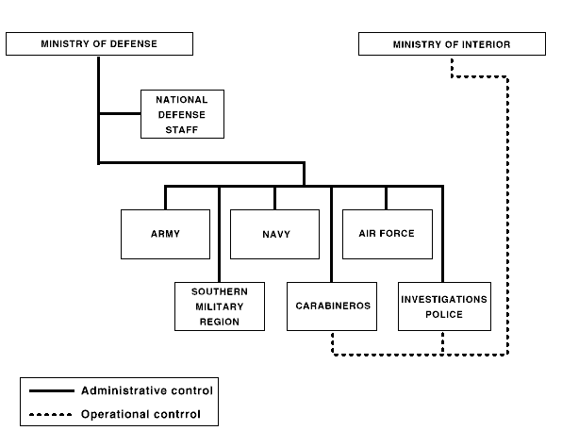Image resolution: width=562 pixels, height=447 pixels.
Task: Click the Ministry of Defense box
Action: tap(99, 43)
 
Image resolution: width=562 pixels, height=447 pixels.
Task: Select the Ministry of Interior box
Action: tap(452, 43)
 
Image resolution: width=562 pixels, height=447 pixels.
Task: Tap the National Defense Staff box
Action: tap(182, 114)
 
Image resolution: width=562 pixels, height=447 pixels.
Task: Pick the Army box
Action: tap(166, 234)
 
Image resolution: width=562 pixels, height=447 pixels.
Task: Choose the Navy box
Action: tap(275, 234)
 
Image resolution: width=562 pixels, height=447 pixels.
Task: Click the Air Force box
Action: tap(388, 234)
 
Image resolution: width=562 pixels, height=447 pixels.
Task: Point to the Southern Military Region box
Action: tap(220, 306)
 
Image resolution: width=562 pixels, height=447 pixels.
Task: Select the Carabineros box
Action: tap(332, 306)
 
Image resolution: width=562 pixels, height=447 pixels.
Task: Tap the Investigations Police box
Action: tap(444, 306)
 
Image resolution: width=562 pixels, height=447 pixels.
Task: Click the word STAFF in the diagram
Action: tap(182, 130)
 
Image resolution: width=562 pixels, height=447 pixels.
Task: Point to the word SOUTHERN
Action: tap(220, 291)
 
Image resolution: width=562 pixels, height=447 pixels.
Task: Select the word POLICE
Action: tap(444, 314)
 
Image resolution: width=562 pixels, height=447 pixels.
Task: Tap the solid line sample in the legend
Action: tap(52, 390)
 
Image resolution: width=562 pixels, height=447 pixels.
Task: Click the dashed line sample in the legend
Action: tap(51, 415)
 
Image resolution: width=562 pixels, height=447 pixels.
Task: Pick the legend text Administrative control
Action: tap(147, 390)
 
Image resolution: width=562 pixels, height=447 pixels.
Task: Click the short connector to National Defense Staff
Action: tap(120, 113)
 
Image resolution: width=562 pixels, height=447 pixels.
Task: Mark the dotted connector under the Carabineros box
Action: tap(333, 343)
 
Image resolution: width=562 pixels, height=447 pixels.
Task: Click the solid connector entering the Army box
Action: tap(166, 198)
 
